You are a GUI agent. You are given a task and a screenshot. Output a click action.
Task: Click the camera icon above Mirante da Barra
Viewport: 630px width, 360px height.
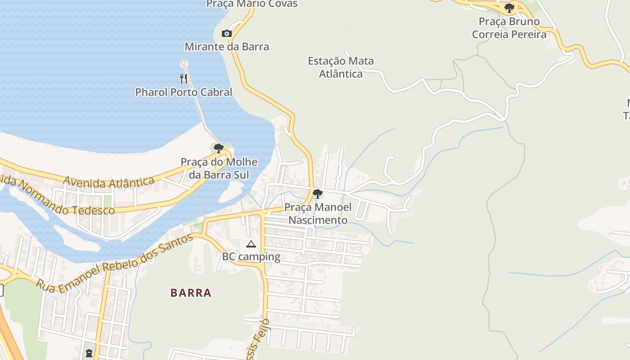click(x=227, y=34)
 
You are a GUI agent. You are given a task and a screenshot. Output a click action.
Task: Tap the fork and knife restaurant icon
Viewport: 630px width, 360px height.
click(x=184, y=79)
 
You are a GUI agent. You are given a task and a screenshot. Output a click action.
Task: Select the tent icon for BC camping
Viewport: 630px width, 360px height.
click(x=251, y=244)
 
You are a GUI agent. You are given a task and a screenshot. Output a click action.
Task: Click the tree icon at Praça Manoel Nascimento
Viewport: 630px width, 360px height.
click(x=317, y=194)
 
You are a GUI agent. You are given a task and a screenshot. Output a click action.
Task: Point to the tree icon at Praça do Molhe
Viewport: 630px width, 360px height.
click(x=219, y=148)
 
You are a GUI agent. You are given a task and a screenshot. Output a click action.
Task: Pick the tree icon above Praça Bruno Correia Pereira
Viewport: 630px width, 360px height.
click(x=509, y=8)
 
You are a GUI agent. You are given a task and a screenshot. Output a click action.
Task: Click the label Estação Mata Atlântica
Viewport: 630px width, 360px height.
click(x=341, y=67)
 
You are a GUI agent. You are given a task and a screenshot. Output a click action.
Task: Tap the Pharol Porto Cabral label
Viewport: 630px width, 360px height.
click(x=184, y=92)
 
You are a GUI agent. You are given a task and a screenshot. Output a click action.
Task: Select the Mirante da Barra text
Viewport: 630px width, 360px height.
click(x=227, y=46)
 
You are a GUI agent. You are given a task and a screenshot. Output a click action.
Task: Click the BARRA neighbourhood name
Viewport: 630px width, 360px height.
click(x=191, y=293)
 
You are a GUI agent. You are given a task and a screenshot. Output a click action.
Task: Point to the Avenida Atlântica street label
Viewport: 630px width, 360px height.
click(x=109, y=182)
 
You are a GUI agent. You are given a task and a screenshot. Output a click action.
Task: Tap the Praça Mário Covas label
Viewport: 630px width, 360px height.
click(x=252, y=4)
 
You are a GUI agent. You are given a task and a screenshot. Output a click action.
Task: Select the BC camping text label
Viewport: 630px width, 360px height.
click(x=251, y=257)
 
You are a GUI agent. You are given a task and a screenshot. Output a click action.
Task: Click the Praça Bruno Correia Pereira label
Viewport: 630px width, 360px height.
click(x=509, y=28)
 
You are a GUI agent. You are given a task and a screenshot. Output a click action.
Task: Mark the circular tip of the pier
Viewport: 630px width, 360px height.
click(x=183, y=63)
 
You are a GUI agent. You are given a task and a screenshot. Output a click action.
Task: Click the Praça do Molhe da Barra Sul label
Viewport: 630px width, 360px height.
click(x=219, y=168)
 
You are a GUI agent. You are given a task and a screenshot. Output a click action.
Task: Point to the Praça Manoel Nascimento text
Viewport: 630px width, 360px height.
click(x=318, y=214)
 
